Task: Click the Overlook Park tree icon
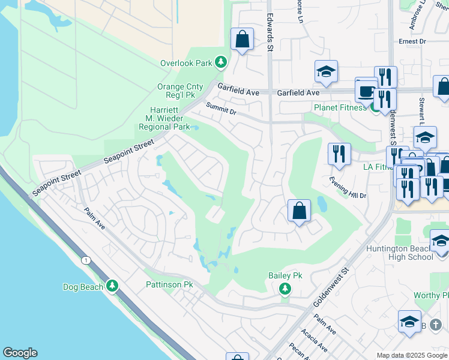[x=221, y=62]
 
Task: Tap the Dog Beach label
[x=83, y=287]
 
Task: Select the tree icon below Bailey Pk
[x=285, y=290]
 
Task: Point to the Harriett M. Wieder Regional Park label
[x=164, y=118]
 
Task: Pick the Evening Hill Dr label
[x=347, y=187]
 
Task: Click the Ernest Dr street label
[x=412, y=41]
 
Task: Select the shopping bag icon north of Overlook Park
[x=241, y=40]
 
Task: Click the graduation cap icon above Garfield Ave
[x=326, y=71]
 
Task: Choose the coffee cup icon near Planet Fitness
[x=366, y=91]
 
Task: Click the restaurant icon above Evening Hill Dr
[x=339, y=154]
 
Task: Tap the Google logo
[x=20, y=353]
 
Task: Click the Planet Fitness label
[x=340, y=107]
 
